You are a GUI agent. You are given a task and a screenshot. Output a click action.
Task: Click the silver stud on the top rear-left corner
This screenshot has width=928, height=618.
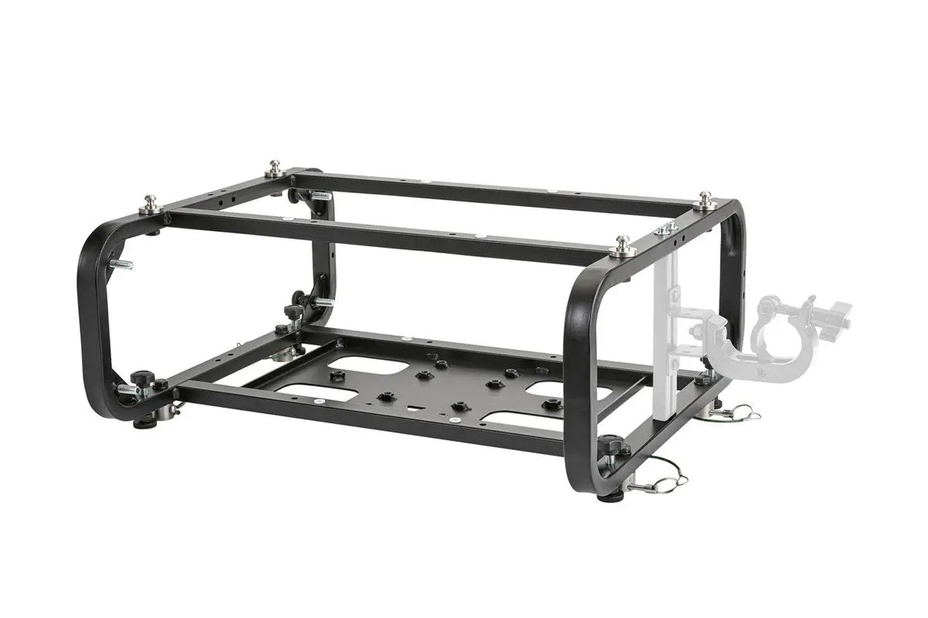pos(274,168)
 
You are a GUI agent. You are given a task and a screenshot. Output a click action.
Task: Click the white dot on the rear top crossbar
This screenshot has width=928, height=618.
pos(549,191)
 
